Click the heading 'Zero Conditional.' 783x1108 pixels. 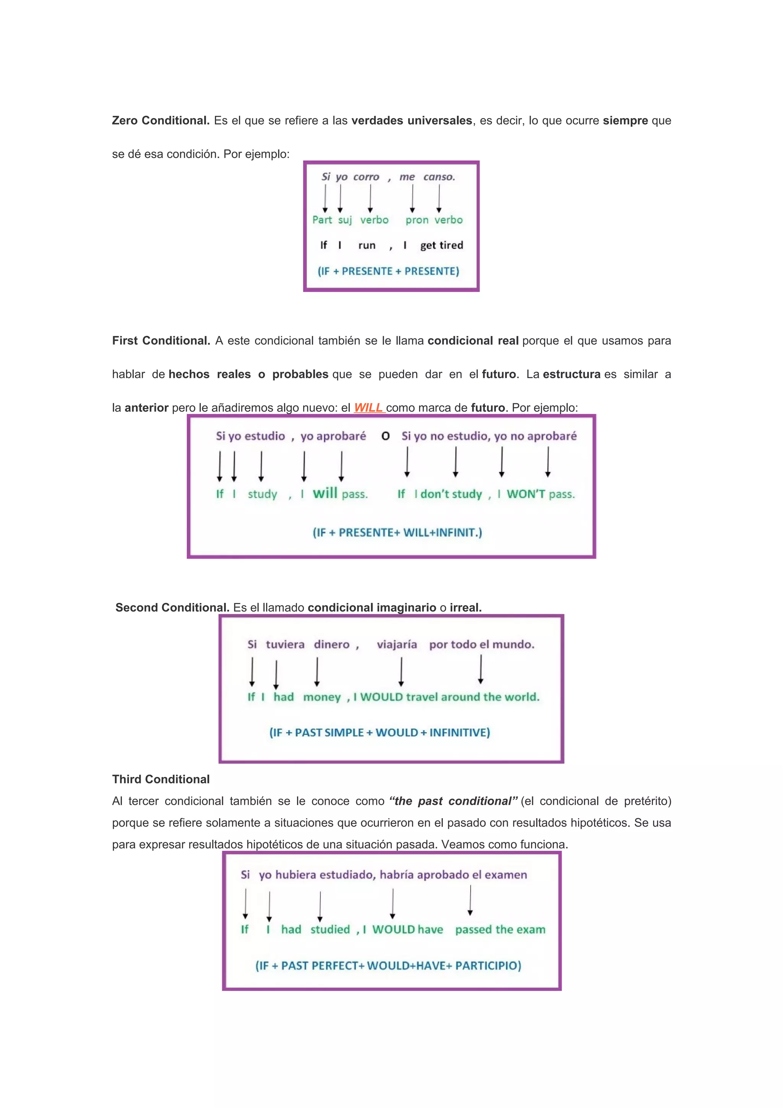pyautogui.click(x=161, y=121)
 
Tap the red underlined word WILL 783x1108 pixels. pyautogui.click(x=369, y=408)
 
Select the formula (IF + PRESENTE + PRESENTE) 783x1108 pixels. pyautogui.click(x=388, y=271)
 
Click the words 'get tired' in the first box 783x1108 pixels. pyautogui.click(x=442, y=245)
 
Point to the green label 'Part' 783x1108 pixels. pyautogui.click(x=322, y=220)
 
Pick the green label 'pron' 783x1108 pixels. pyautogui.click(x=417, y=220)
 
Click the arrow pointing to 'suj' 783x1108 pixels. pyautogui.click(x=340, y=198)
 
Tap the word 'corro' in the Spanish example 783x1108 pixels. pyautogui.click(x=366, y=177)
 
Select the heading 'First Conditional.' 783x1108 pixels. pyautogui.click(x=161, y=341)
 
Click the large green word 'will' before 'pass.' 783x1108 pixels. pyautogui.click(x=325, y=493)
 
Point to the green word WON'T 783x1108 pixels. pyautogui.click(x=526, y=494)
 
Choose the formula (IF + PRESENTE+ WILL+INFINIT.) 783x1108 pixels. pyautogui.click(x=398, y=533)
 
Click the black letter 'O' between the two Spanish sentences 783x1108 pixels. pyautogui.click(x=385, y=436)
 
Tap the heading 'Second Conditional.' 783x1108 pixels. pyautogui.click(x=172, y=608)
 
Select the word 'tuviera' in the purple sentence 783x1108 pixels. pyautogui.click(x=285, y=645)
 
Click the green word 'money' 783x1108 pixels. pyautogui.click(x=322, y=697)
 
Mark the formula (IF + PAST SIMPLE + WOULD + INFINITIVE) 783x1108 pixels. pyautogui.click(x=380, y=733)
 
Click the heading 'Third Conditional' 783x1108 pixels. pyautogui.click(x=161, y=779)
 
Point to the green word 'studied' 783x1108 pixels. pyautogui.click(x=330, y=929)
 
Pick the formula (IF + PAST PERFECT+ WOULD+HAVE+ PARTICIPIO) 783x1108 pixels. pyautogui.click(x=388, y=966)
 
